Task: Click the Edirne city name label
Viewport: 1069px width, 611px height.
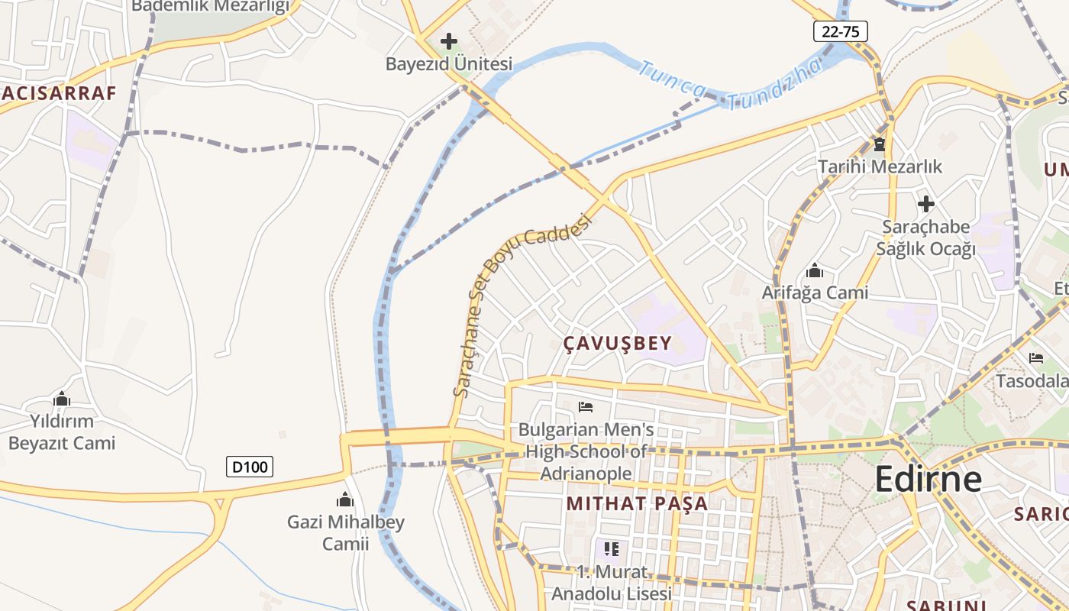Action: tap(928, 479)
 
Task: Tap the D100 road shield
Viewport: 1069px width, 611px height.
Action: tap(250, 466)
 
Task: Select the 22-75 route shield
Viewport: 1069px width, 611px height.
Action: tap(840, 31)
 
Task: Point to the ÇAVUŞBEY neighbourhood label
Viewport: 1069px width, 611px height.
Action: tap(617, 344)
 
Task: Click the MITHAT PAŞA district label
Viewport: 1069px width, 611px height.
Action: tap(637, 503)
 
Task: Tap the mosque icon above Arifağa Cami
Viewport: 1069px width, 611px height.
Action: tap(815, 271)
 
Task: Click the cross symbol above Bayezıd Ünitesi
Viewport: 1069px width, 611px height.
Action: tap(449, 40)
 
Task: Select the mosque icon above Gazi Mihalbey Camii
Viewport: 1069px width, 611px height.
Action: tap(345, 500)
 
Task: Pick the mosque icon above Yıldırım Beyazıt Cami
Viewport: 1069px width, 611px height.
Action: tap(62, 399)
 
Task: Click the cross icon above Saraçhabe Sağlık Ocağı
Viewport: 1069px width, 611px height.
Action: tap(925, 204)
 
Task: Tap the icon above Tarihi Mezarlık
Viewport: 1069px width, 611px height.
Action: tap(880, 144)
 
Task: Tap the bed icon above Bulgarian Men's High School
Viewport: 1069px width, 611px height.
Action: tap(586, 406)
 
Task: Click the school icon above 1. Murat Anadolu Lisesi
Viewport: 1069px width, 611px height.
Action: tap(611, 548)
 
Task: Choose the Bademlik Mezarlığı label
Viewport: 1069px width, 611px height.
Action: tap(211, 7)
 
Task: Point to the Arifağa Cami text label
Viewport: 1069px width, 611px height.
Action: tap(815, 293)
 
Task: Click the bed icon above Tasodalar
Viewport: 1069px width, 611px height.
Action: tap(1036, 357)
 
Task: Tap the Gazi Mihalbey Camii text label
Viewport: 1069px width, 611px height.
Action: tap(345, 533)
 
